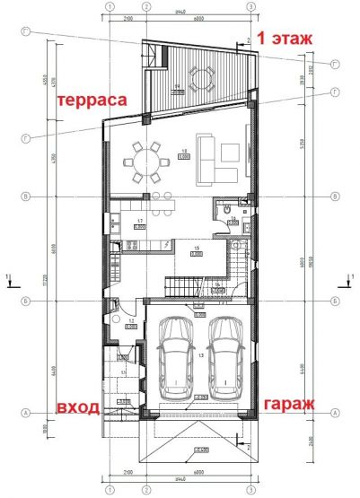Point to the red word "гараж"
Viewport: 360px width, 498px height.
click(289, 405)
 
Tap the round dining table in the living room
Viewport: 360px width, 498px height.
click(148, 162)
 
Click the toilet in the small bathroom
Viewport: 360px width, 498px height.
click(220, 208)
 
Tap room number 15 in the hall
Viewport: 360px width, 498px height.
click(196, 249)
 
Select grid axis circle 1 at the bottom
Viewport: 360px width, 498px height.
click(109, 493)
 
